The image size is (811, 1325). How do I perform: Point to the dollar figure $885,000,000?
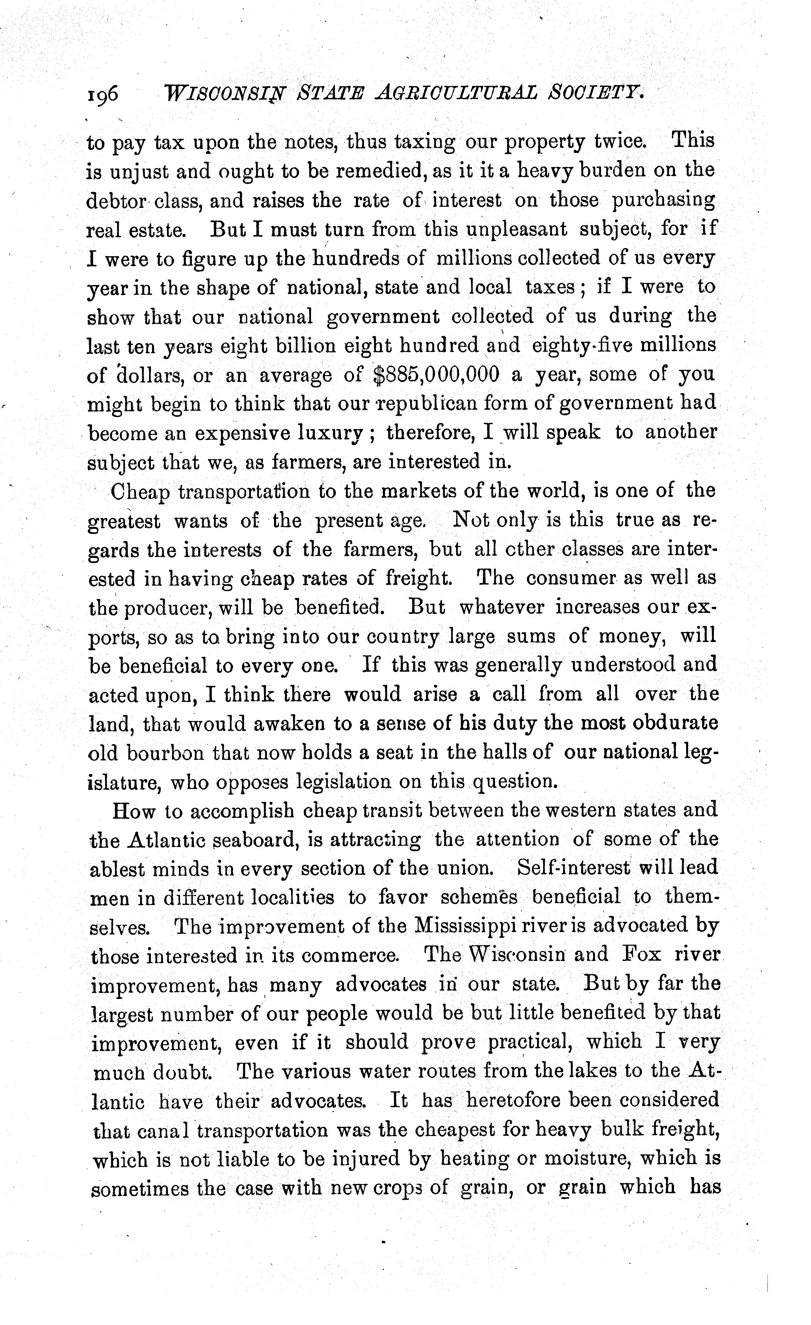point(436,374)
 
